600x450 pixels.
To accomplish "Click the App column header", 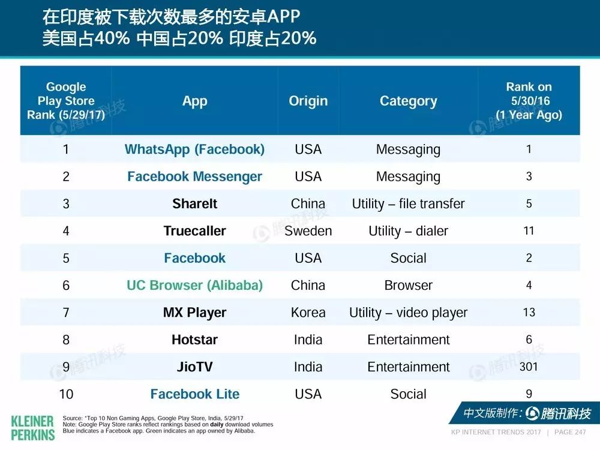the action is coord(195,101).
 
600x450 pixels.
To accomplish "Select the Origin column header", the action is coord(308,101).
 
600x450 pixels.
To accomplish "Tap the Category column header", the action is coord(408,101).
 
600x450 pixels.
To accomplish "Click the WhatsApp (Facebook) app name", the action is coord(195,149).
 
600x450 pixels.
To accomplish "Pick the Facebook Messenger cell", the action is coord(195,176).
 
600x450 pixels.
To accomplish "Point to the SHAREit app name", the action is coord(195,203).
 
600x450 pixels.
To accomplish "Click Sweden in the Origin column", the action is coord(308,231).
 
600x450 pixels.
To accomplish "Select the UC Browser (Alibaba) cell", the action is coord(195,285).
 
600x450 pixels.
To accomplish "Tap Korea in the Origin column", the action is coord(308,312).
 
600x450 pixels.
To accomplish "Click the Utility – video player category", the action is coord(408,313).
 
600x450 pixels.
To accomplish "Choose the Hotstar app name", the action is coord(195,340).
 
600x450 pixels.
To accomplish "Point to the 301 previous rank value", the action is coord(529,367).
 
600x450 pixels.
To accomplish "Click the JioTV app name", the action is coord(195,367).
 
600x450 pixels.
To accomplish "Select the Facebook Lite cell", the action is coord(195,394).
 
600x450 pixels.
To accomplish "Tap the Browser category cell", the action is coord(408,285).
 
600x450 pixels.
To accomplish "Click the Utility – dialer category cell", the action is coord(408,231).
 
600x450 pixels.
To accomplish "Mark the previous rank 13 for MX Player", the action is coord(529,312).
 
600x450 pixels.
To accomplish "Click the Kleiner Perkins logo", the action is coord(33,428).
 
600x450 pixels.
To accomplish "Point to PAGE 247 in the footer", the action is coord(570,432).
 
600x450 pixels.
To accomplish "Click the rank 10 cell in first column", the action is coord(66,394).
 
